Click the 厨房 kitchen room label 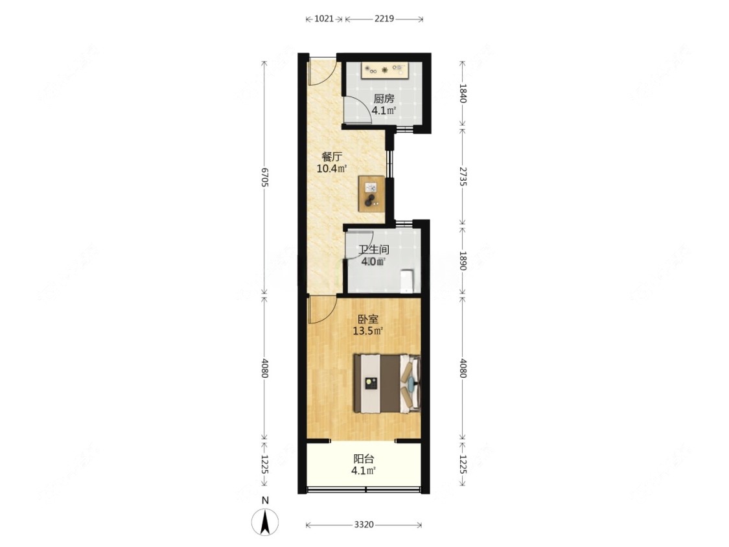click(x=384, y=99)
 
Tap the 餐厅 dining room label click(x=332, y=157)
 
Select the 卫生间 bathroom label click(x=374, y=250)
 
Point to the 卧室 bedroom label click(x=368, y=320)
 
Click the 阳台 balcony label click(x=364, y=459)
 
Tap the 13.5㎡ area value click(x=368, y=331)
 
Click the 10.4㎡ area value click(x=332, y=169)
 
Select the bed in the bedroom click(x=388, y=384)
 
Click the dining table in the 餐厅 click(x=371, y=194)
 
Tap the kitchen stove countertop click(x=384, y=70)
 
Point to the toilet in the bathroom click(x=407, y=281)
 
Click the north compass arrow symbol click(x=265, y=522)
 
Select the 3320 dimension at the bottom click(x=364, y=525)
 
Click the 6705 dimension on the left click(x=264, y=177)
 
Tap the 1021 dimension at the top click(x=324, y=19)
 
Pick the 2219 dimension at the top click(x=384, y=19)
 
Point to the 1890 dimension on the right click(x=463, y=261)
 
